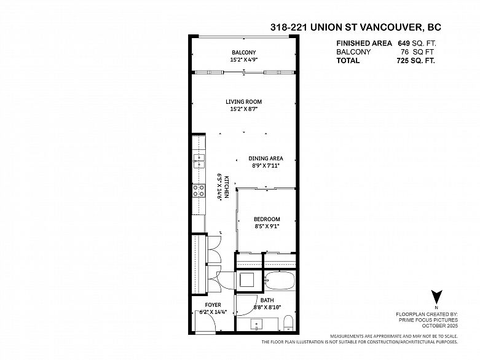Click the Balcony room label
coord(243,52)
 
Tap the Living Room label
coord(243,101)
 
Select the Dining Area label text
coord(266,158)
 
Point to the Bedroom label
coord(267,219)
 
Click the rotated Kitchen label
coord(227,187)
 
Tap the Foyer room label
coord(213,305)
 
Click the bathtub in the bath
coord(280,281)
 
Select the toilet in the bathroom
coord(288,323)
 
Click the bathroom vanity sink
coord(256,324)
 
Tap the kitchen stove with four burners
coord(199,190)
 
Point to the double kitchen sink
coord(199,162)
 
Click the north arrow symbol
coord(436,297)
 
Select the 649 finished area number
coord(404,43)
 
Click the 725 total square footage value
coord(403,61)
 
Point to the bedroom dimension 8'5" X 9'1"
coord(267,227)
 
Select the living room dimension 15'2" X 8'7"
coord(243,109)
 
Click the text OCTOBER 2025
coord(440,326)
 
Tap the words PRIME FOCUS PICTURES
coord(428,320)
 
